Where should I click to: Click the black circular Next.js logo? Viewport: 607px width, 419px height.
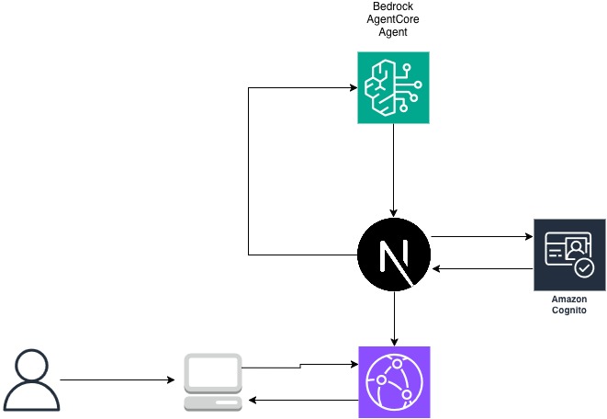[x=393, y=254]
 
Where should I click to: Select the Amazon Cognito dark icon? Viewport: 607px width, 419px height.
[x=569, y=255]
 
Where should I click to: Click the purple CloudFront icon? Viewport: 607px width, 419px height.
[x=393, y=382]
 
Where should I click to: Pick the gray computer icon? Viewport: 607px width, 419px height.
[x=212, y=382]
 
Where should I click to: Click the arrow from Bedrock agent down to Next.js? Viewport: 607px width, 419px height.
[x=393, y=170]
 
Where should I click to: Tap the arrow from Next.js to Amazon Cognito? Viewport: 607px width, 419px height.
[x=481, y=237]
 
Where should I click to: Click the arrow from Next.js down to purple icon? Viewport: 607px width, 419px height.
[x=393, y=317]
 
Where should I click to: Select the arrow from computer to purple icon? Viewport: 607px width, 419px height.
[x=299, y=366]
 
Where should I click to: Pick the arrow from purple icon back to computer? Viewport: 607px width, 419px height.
[x=303, y=400]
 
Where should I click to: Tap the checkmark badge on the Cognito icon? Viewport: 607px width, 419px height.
[x=584, y=268]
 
